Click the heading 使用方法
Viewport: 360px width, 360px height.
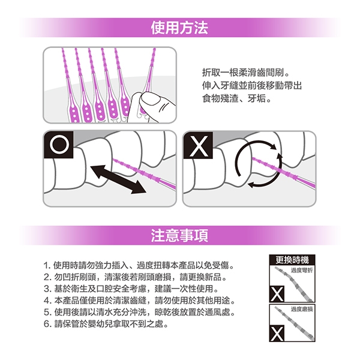pos(179,28)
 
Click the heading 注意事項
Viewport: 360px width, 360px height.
pos(179,235)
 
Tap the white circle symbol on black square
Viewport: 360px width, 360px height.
pos(59,145)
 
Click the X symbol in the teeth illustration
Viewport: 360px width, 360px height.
pos(199,145)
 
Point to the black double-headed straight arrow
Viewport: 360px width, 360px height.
pos(118,179)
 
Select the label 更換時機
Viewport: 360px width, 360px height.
pos(292,260)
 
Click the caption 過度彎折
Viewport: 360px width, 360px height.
pos(302,271)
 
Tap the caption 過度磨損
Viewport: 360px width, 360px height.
pos(302,309)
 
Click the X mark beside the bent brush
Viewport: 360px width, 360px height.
pos(277,294)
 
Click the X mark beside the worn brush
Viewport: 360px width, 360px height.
pos(277,333)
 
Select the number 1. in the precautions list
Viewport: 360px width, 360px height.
pos(47,266)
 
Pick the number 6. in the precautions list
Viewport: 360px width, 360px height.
pos(47,324)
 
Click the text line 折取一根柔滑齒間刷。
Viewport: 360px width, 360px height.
pos(245,73)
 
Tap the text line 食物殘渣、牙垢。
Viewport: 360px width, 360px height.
pos(236,99)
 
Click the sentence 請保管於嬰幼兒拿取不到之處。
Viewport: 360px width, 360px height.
pos(111,324)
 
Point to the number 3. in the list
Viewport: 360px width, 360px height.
pos(47,289)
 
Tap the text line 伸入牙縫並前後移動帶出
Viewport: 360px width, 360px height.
pos(252,86)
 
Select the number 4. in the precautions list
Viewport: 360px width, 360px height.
pos(47,301)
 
